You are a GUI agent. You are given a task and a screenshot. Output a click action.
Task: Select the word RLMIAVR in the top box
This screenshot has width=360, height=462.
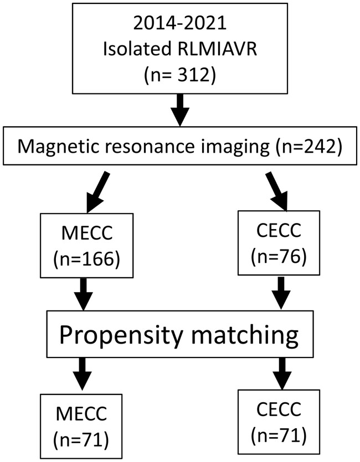pos(218,48)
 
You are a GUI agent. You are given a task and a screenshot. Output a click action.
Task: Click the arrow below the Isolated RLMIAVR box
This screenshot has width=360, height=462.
pos(180,110)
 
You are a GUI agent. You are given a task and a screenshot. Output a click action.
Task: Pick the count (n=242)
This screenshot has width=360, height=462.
pos(309,147)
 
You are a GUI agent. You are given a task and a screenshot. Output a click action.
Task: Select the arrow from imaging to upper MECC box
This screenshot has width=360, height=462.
pos(98,192)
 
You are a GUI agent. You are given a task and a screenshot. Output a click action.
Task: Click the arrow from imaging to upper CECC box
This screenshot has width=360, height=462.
pos(276,191)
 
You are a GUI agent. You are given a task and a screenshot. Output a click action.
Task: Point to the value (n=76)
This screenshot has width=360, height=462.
pos(279,257)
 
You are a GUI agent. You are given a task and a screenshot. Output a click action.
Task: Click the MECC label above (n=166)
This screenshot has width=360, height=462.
pos(87,233)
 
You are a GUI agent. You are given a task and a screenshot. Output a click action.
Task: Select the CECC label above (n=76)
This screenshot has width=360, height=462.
pos(279,230)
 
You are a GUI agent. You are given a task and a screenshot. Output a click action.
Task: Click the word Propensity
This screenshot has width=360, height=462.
pos(121,335)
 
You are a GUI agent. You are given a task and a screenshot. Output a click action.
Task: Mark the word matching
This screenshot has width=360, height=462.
pos(245,335)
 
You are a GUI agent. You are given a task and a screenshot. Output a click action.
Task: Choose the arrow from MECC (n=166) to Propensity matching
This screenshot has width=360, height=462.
pos(84,294)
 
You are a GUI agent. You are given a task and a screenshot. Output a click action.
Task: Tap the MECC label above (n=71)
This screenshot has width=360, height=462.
pos(81,413)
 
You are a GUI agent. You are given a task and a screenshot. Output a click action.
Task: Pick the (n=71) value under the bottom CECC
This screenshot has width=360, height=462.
pos(279,437)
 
